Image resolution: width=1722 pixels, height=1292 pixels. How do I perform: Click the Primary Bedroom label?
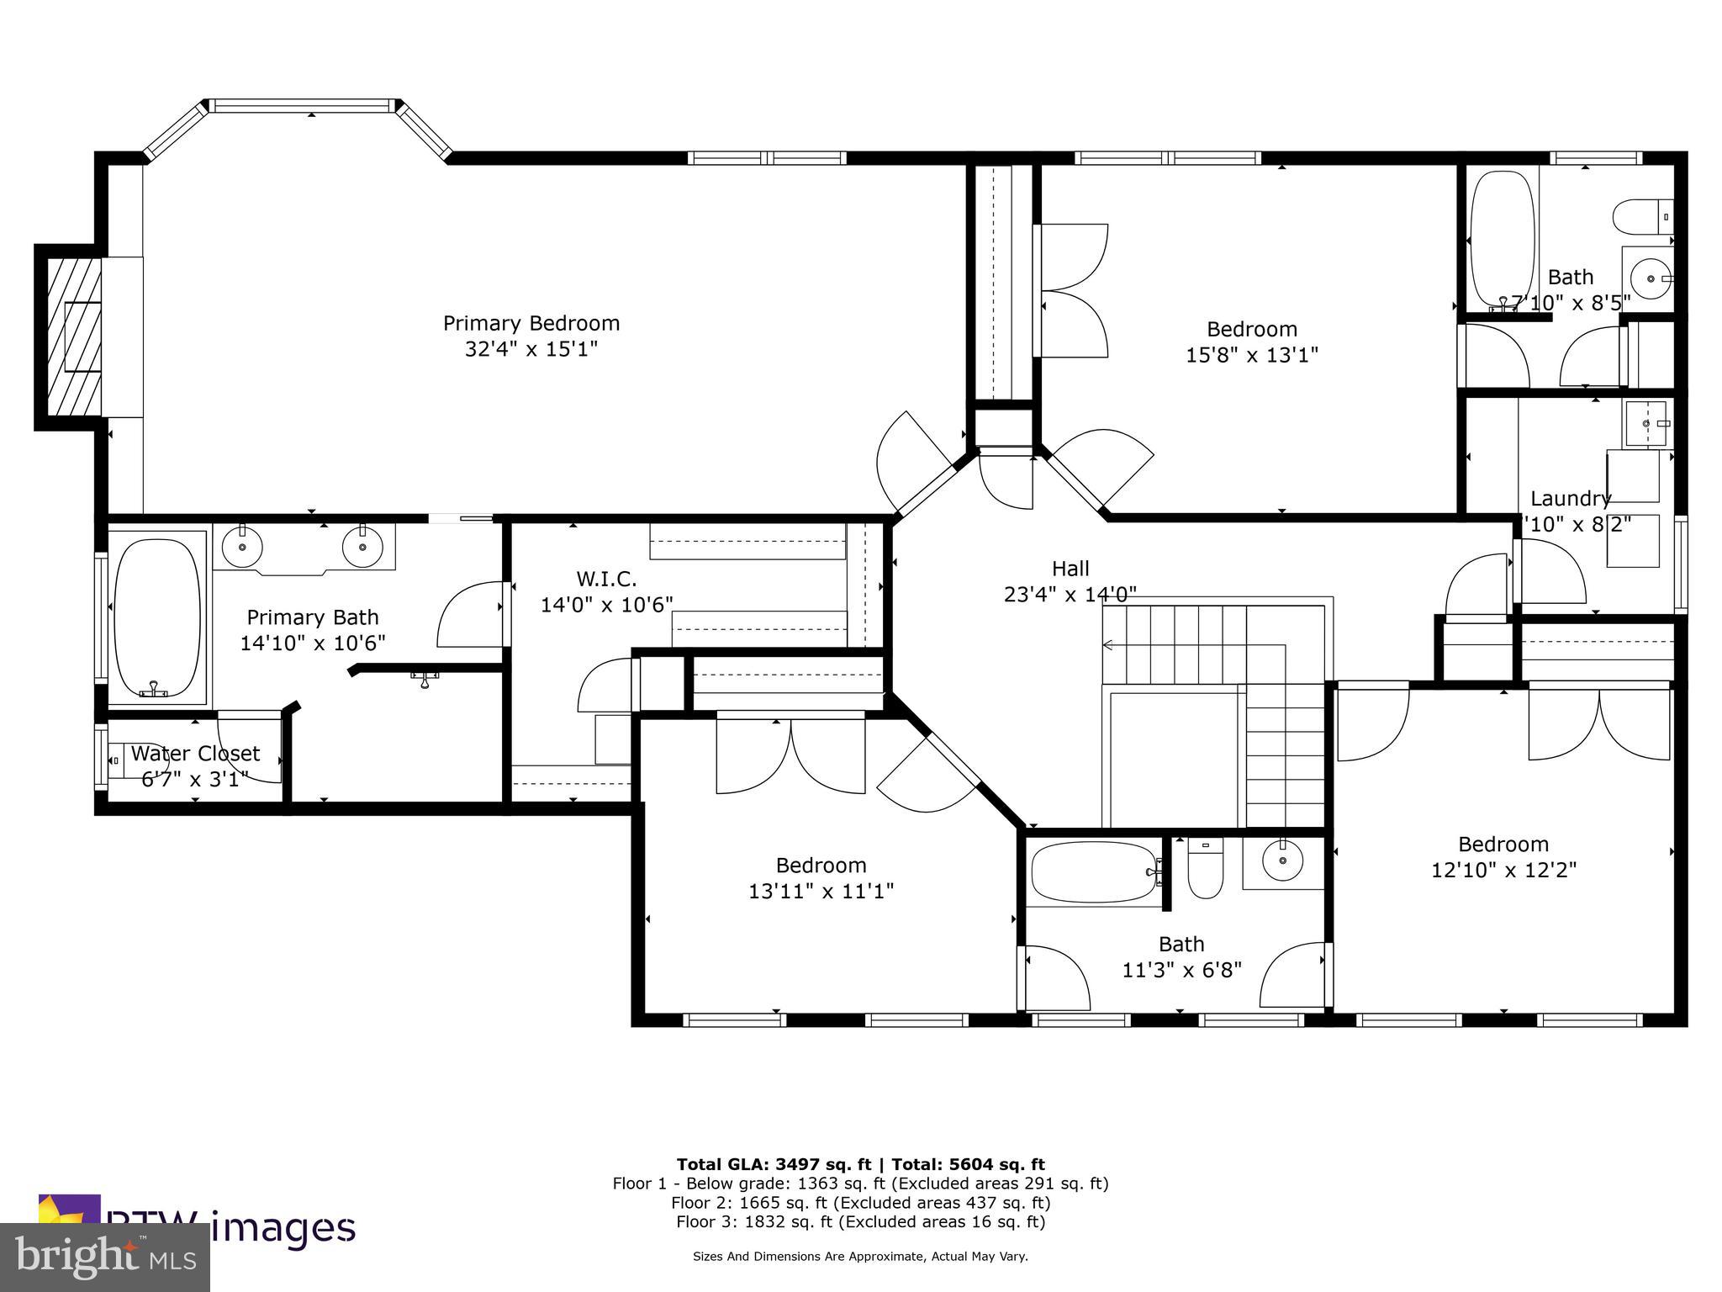tap(531, 323)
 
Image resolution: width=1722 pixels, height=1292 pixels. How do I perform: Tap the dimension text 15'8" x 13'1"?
tap(1251, 355)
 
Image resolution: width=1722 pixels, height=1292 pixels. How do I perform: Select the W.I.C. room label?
tap(606, 579)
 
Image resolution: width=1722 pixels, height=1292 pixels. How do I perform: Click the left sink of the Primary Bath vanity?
tap(242, 548)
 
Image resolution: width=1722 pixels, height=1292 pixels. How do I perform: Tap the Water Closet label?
tap(195, 753)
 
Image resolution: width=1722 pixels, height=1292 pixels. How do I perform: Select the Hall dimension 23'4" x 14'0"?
tap(1070, 595)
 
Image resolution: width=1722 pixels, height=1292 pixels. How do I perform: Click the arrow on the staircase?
tap(1108, 645)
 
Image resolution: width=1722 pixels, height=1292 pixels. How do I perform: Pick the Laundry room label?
tap(1570, 498)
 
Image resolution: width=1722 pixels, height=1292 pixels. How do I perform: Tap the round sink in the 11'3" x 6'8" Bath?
tap(1282, 860)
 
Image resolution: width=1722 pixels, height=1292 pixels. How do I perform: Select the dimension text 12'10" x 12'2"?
tap(1503, 870)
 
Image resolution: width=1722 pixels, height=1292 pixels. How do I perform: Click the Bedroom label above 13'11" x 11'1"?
tap(821, 865)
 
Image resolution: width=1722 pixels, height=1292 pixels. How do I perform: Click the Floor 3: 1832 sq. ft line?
tap(860, 1222)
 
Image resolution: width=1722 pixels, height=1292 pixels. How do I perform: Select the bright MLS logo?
tap(104, 1257)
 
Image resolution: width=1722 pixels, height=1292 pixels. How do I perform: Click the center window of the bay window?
tap(303, 106)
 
